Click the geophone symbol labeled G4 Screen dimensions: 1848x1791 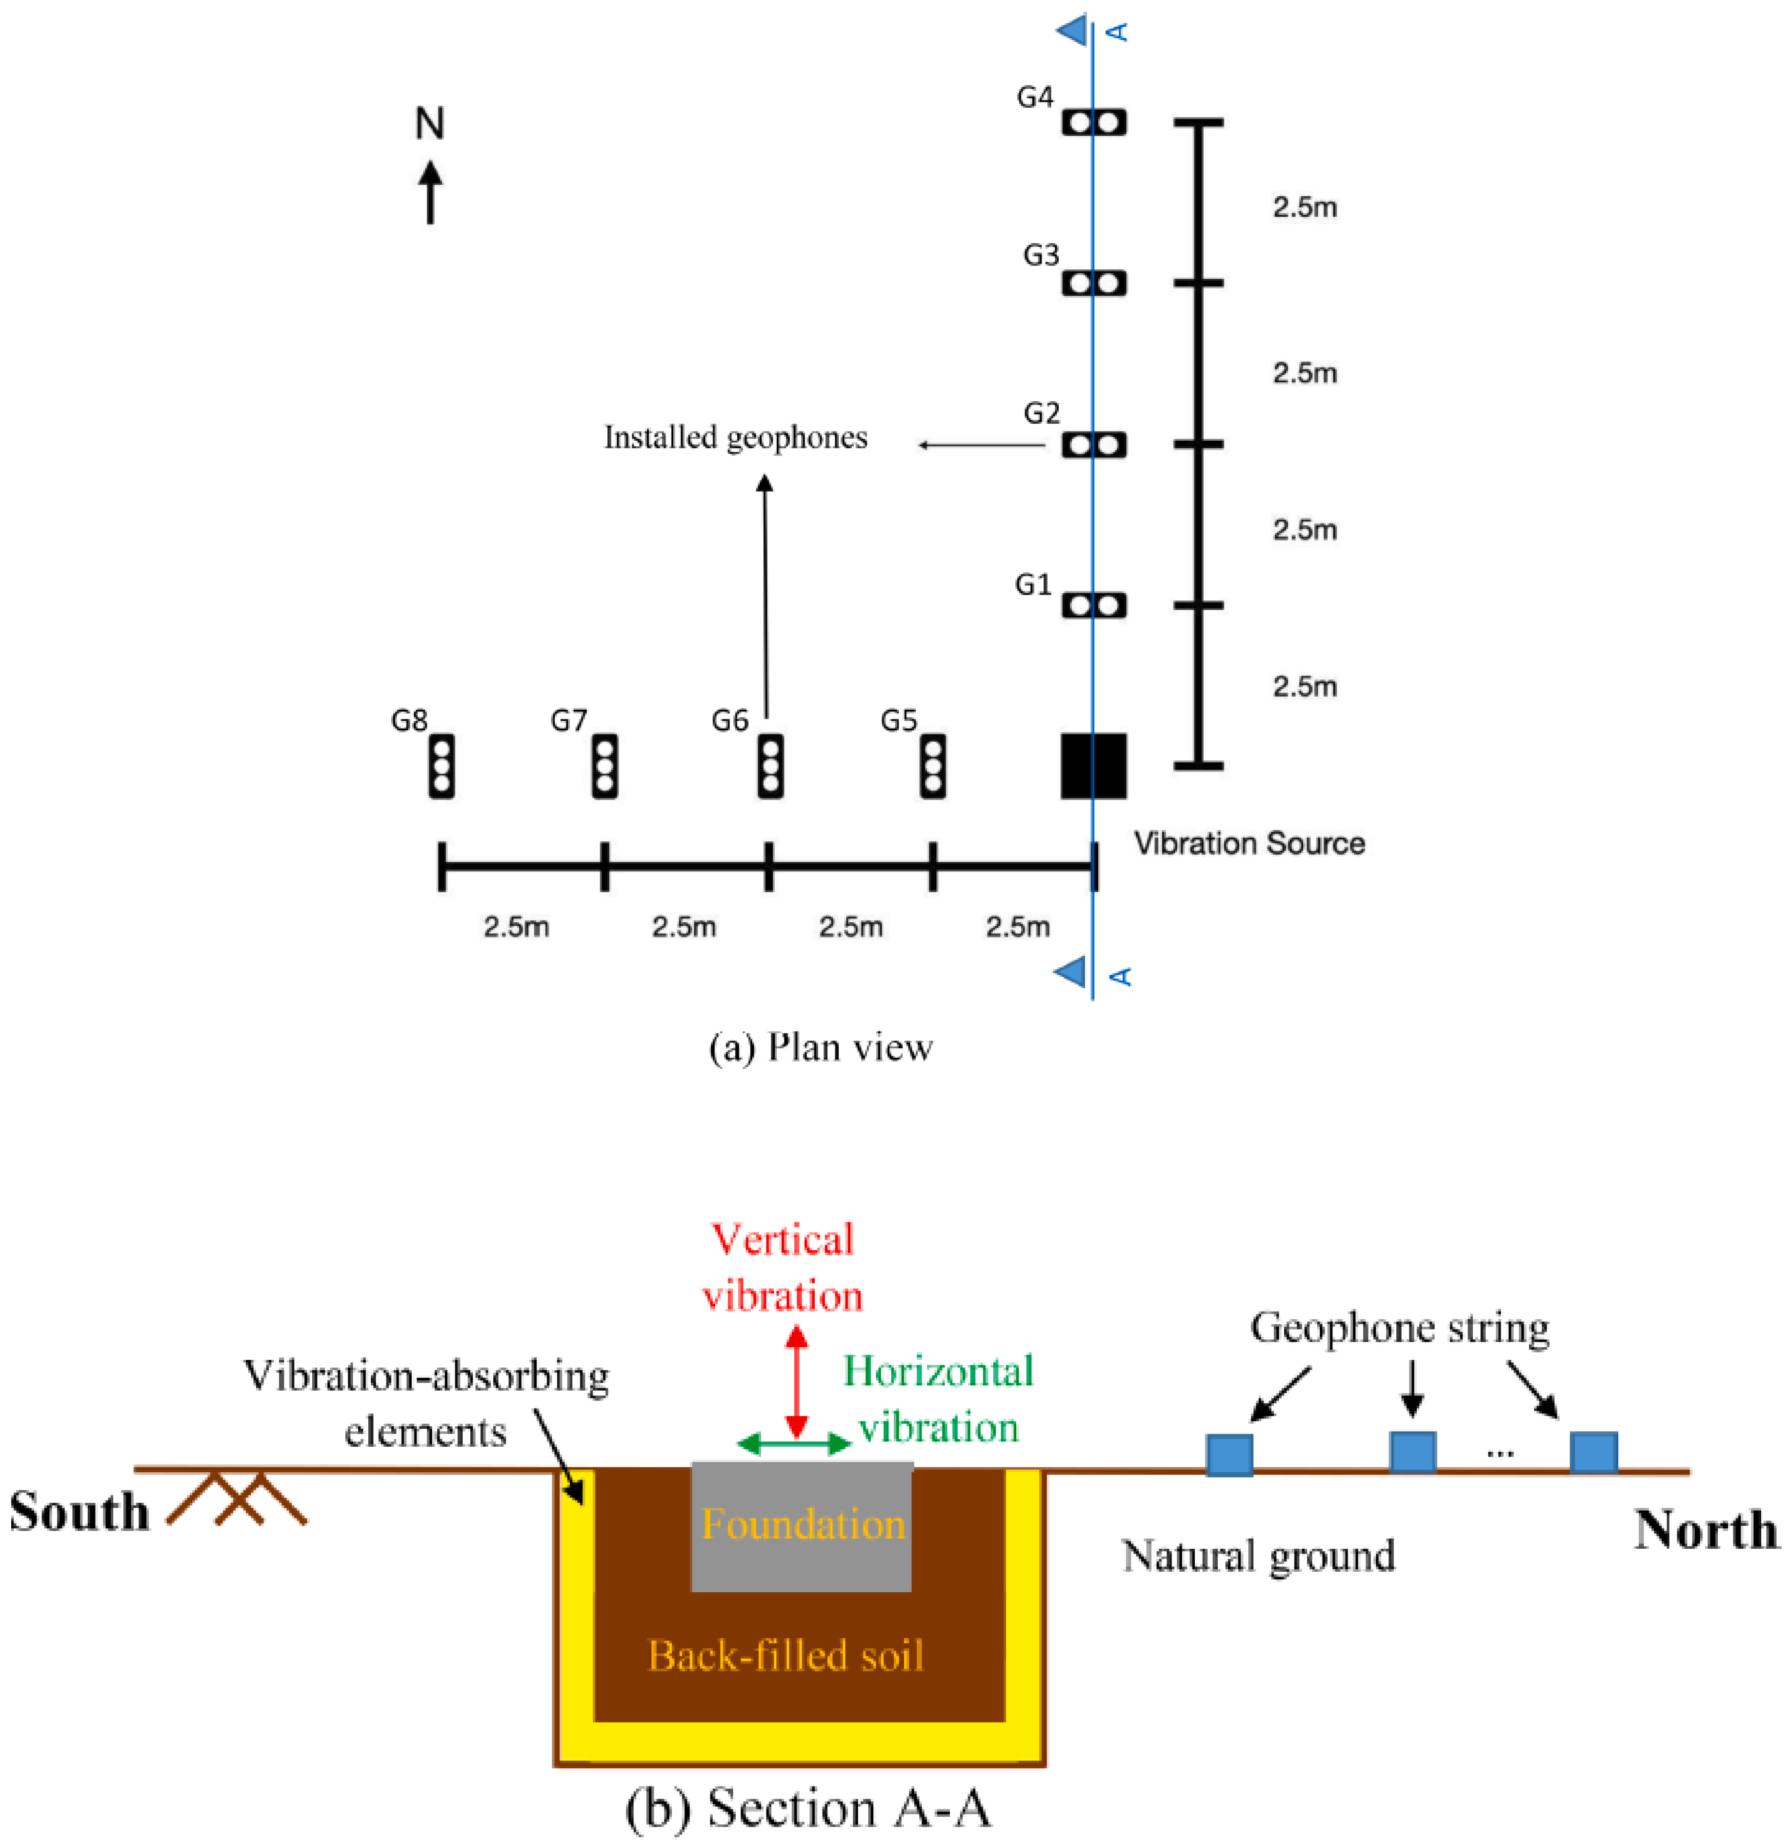1093,123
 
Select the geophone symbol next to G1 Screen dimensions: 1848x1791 1093,605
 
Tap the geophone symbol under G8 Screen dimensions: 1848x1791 441,766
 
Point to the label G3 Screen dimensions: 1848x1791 1041,255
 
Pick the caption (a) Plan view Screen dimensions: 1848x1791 820,1047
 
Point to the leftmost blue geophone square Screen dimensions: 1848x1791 1229,1455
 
